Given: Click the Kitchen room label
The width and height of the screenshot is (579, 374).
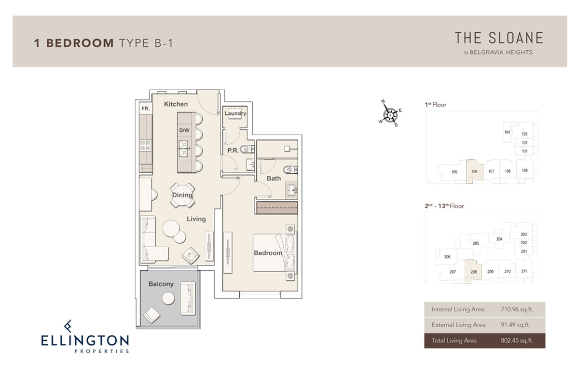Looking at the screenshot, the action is (x=176, y=104).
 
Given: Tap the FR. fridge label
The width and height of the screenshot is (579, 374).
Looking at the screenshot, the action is (x=146, y=109).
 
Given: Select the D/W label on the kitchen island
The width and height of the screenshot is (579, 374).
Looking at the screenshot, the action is (x=184, y=130).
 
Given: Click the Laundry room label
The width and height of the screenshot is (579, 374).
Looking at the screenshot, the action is (x=235, y=113).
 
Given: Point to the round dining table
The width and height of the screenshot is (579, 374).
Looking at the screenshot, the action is (x=182, y=195).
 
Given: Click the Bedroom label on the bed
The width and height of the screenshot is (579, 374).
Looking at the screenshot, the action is (x=268, y=253).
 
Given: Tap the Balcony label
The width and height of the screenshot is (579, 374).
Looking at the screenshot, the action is (x=161, y=284).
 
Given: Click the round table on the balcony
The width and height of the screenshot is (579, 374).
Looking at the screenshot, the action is (x=168, y=299).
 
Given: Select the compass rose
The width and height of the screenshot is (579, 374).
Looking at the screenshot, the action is (x=390, y=114).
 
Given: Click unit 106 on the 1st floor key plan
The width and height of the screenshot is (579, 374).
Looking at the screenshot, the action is (x=474, y=171).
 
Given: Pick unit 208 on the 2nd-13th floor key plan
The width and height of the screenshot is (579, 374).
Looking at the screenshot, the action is (x=473, y=272).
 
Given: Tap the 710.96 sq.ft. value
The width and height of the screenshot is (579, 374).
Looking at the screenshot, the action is (x=517, y=309).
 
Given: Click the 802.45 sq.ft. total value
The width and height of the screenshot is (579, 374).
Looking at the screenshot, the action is (x=517, y=341).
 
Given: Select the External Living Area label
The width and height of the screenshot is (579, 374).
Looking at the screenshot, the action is (x=458, y=325).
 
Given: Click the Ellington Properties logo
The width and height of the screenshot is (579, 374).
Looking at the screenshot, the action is (x=85, y=336).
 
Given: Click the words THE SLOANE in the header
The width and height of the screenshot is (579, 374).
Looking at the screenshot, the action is (x=499, y=38).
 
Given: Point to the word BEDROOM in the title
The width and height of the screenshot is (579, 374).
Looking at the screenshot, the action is (x=80, y=43).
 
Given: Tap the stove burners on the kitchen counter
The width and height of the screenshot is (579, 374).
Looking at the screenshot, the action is (x=146, y=146).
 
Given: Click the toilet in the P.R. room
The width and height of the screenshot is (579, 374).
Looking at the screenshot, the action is (x=247, y=149).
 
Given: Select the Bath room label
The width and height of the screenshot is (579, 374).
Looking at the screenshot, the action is (x=274, y=179).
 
